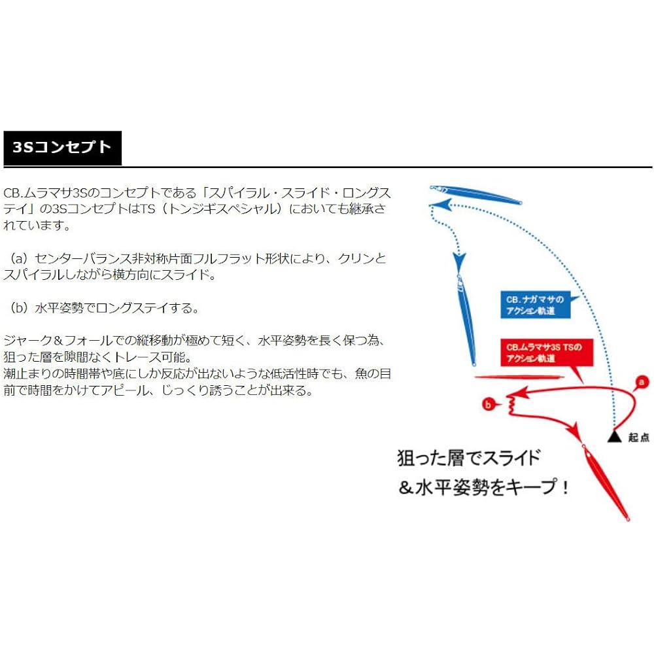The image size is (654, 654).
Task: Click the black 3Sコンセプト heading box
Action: click(63, 148)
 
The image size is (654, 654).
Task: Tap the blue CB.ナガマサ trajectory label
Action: click(535, 305)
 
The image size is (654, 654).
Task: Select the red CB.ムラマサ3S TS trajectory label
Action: click(546, 353)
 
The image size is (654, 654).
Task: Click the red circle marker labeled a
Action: click(642, 382)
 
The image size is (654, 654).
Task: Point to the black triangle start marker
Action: click(614, 436)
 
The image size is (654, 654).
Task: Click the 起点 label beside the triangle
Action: click(638, 437)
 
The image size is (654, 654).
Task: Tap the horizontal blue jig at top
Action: click(476, 195)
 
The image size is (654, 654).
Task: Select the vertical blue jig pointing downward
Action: click(467, 320)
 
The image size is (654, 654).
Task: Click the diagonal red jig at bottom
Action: click(605, 482)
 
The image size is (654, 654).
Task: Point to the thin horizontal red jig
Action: click(519, 377)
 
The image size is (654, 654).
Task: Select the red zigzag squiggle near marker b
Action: click(512, 405)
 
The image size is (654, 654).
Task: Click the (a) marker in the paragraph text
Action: click(19, 258)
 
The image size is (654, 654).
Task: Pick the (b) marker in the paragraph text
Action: click(19, 308)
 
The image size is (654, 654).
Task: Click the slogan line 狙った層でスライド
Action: click(469, 458)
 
